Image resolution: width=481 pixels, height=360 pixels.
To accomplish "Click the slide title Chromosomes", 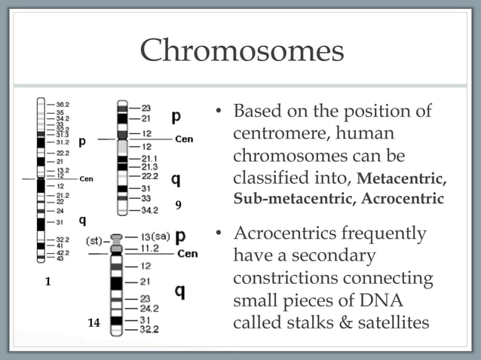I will [x=240, y=51].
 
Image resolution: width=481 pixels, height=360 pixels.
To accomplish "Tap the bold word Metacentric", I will [x=402, y=181].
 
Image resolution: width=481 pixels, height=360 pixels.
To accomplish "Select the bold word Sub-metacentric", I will [x=296, y=200].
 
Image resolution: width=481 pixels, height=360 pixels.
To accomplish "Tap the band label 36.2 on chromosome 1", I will [x=63, y=104].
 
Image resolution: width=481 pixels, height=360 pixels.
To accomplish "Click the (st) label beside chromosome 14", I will [x=93, y=241].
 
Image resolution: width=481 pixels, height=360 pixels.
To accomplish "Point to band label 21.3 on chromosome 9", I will [x=149, y=166].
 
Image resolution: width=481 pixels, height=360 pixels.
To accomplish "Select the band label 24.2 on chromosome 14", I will [x=149, y=308].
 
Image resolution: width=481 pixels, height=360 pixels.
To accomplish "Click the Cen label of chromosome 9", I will [x=184, y=139].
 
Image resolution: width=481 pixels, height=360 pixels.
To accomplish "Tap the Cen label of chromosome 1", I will [x=86, y=178].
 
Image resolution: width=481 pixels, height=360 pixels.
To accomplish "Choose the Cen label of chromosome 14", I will [x=187, y=254].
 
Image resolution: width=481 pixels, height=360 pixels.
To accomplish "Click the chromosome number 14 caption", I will [x=93, y=322].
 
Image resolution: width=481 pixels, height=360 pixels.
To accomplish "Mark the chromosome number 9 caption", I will [x=179, y=203].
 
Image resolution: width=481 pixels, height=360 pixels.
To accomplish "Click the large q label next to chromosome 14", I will [x=180, y=291].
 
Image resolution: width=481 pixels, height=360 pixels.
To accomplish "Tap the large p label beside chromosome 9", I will [x=176, y=117].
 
